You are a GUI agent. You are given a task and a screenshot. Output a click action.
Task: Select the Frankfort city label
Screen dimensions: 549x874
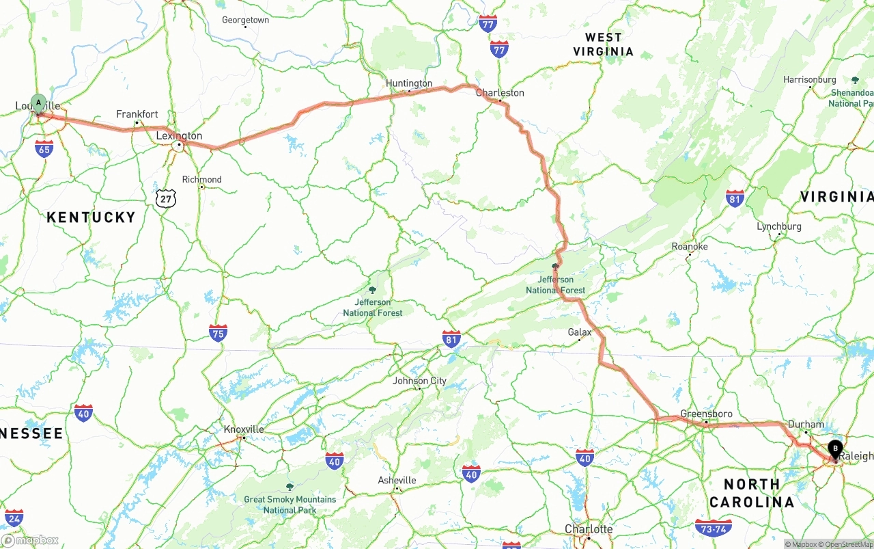click(x=137, y=114)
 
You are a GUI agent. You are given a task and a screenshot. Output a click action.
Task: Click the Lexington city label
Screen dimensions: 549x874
click(x=179, y=136)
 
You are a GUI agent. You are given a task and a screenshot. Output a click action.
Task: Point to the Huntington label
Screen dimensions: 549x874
click(x=409, y=83)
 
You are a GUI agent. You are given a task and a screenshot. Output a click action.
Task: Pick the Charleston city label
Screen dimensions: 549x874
click(x=500, y=93)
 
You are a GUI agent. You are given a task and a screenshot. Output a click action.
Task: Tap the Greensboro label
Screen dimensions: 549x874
click(x=706, y=414)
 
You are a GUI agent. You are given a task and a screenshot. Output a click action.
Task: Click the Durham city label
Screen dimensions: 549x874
click(x=806, y=424)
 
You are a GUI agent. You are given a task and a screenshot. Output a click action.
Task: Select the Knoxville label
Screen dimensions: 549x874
click(x=244, y=429)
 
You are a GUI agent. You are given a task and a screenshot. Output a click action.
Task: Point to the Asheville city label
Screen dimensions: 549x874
click(x=397, y=481)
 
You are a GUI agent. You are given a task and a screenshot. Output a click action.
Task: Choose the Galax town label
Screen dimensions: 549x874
click(x=580, y=332)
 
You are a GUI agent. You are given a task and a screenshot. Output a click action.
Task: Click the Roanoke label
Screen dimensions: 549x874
click(x=690, y=246)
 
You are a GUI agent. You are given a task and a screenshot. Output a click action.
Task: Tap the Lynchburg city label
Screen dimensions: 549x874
click(x=778, y=226)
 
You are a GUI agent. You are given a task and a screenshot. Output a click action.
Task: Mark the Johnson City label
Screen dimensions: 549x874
click(x=419, y=381)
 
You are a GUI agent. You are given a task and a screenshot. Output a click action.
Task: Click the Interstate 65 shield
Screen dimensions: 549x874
click(x=44, y=149)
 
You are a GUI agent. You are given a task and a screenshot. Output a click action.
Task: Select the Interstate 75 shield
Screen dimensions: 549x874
click(x=218, y=332)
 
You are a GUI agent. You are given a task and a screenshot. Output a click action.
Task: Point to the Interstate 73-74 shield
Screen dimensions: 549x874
click(x=713, y=527)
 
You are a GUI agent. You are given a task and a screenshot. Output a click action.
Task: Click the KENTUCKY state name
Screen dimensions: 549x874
click(x=91, y=217)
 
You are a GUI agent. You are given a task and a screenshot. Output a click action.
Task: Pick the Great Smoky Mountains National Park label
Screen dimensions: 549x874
click(x=290, y=505)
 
